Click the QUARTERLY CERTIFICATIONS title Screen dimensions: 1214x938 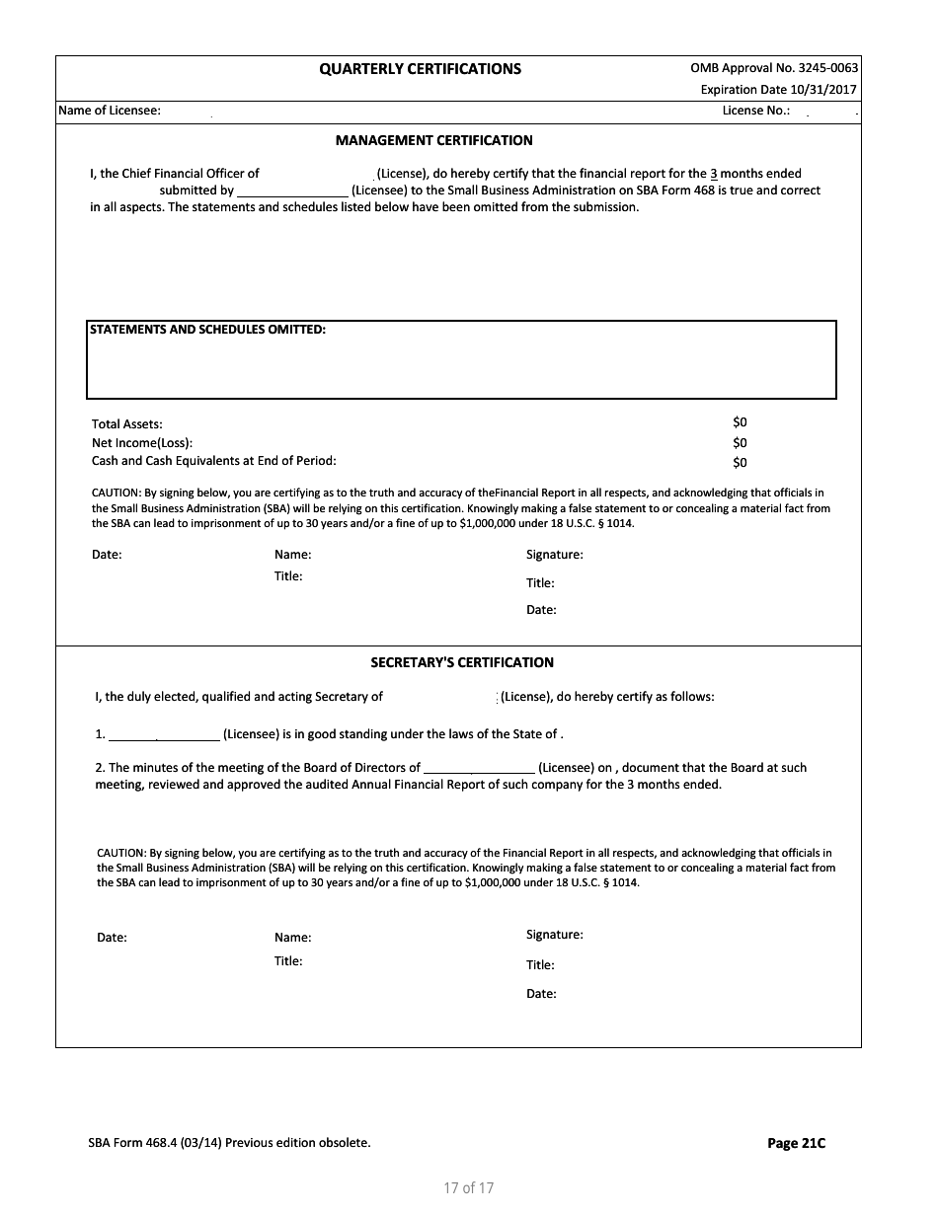420,69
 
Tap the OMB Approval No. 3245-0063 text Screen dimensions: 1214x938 774,68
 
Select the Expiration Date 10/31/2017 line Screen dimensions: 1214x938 778,90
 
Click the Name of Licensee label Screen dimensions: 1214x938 110,111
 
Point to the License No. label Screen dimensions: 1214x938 755,111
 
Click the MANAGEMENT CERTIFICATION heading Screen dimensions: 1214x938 433,140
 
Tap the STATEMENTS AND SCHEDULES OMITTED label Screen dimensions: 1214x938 207,330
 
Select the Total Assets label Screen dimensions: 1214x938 127,424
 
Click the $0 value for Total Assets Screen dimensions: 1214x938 740,422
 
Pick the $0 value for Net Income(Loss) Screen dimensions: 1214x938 740,443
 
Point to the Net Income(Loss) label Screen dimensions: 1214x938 142,443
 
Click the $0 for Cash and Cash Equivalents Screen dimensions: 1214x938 740,463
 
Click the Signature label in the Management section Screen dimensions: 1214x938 554,555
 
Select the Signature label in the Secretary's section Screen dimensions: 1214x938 554,934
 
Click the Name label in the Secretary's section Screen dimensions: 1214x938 292,938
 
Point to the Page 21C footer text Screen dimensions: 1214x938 796,1143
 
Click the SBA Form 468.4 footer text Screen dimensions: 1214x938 229,1143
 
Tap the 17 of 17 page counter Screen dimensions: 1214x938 468,1187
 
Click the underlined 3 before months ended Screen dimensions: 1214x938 713,174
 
